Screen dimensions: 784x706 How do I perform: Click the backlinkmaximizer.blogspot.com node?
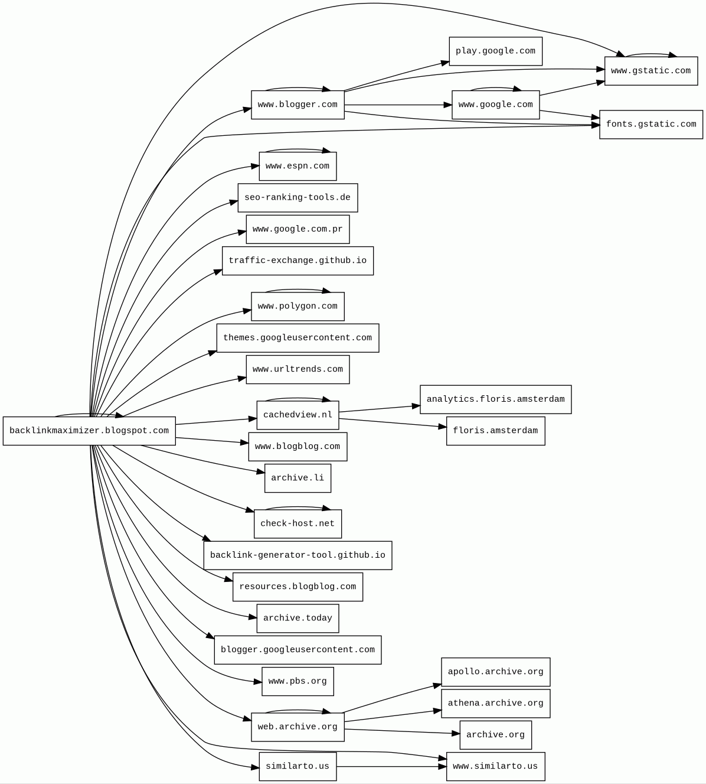click(x=89, y=431)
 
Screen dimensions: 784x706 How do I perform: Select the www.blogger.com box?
click(x=298, y=105)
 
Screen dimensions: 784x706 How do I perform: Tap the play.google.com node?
click(x=495, y=51)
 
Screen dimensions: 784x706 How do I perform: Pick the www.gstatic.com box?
click(x=651, y=71)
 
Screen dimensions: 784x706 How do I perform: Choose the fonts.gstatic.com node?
click(x=651, y=125)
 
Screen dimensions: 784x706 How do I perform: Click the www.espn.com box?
click(x=298, y=166)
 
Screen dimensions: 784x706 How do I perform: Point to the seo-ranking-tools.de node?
click(x=298, y=198)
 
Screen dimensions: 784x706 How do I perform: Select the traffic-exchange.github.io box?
click(x=298, y=261)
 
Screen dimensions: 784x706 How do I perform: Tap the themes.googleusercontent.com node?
click(x=298, y=338)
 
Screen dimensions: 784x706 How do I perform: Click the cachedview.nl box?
click(x=298, y=415)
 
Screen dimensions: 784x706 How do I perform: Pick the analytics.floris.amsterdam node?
click(x=495, y=399)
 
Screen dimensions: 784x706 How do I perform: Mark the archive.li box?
click(x=298, y=478)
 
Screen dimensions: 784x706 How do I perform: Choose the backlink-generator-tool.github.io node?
click(x=298, y=555)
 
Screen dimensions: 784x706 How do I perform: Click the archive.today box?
click(x=298, y=619)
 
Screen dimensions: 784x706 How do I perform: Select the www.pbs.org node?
click(x=298, y=682)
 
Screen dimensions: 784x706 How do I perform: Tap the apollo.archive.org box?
click(x=495, y=672)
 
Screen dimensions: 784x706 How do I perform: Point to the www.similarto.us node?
click(x=495, y=766)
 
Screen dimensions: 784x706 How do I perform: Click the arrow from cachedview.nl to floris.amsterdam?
click(x=393, y=422)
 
